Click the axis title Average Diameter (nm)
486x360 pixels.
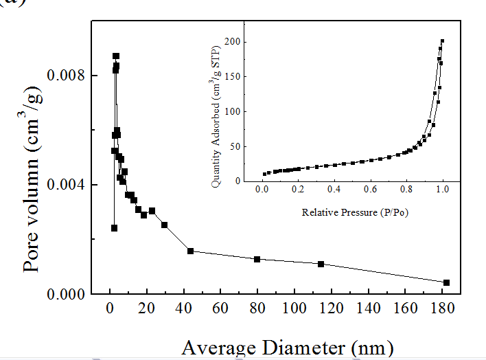pos(288,347)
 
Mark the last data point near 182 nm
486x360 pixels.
pos(446,282)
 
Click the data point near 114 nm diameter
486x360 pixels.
pos(321,264)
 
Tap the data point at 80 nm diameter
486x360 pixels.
pos(257,259)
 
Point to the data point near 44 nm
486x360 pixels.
pos(190,251)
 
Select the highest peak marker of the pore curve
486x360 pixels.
pos(116,56)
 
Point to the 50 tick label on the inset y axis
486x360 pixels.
pos(238,146)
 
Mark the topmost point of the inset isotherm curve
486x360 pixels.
pos(443,41)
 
